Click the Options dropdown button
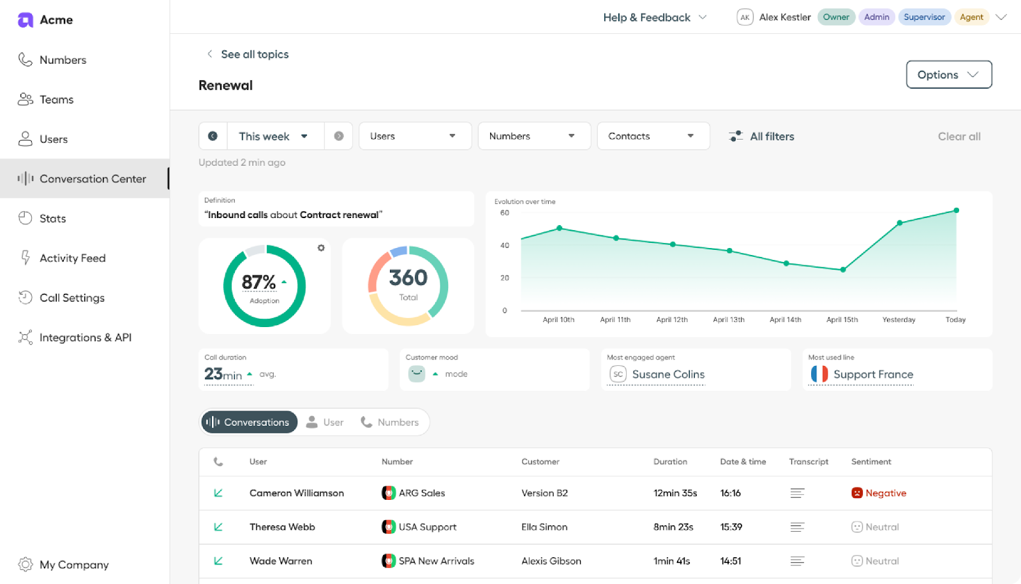tap(948, 75)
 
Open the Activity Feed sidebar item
tap(72, 258)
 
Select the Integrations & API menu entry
tap(85, 338)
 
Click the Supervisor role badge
tap(923, 17)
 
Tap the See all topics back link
tap(254, 54)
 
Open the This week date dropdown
tap(273, 136)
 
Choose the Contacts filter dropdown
tap(652, 136)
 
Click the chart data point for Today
tap(956, 210)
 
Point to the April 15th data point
tap(842, 270)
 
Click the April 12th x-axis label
tap(671, 320)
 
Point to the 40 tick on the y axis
tap(505, 245)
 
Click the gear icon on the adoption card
tap(321, 248)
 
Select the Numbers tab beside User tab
tap(390, 422)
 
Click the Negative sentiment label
tap(885, 493)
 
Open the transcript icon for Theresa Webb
tap(797, 527)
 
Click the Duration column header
tap(669, 462)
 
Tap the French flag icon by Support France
tap(819, 374)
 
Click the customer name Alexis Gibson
tap(551, 561)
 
